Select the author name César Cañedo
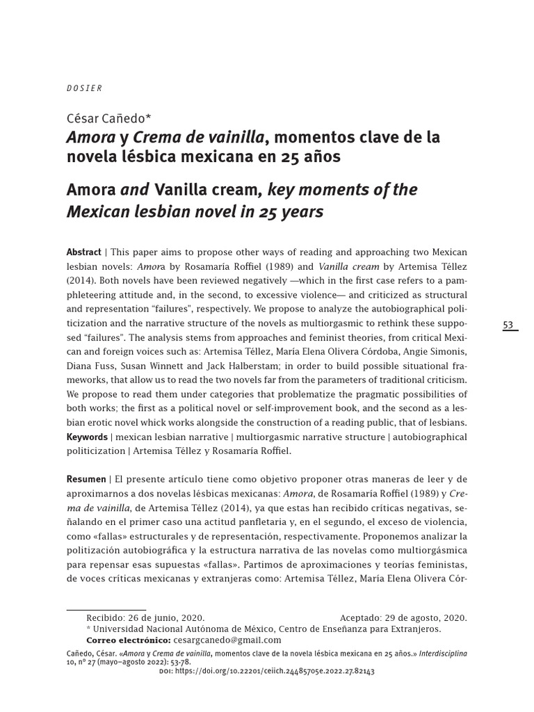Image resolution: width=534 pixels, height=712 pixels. [113, 118]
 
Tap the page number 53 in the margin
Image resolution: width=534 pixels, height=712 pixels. [508, 325]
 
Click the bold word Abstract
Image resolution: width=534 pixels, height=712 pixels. [83, 252]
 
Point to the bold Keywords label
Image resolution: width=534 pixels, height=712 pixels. [87, 437]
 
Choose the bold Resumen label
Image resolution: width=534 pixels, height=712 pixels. [86, 479]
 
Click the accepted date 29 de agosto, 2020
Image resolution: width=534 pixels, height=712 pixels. [426, 617]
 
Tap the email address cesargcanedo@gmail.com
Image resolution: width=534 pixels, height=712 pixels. [227, 640]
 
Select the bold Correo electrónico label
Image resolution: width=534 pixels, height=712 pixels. [128, 640]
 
